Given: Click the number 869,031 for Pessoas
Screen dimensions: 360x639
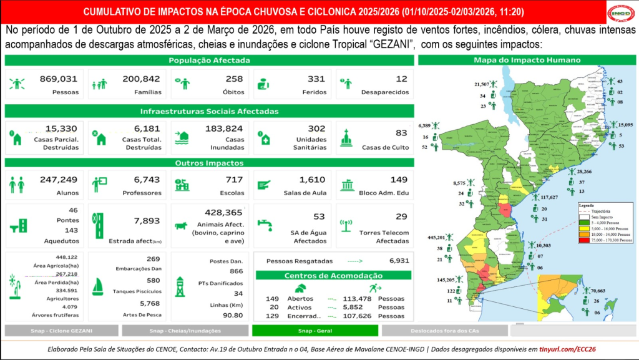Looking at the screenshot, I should point(58,79).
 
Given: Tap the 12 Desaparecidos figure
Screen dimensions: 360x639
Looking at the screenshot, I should point(401,79).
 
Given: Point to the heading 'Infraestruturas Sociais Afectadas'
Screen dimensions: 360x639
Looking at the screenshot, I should point(209,111).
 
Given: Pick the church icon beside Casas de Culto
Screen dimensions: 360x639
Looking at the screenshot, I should point(346,138).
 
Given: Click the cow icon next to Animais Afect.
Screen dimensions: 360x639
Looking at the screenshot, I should point(182,225).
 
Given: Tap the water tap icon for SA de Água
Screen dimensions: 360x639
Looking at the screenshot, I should point(265,223).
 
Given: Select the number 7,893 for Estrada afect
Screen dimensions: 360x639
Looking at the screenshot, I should point(148,221).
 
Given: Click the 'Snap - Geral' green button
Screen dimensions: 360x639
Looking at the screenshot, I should point(315,331).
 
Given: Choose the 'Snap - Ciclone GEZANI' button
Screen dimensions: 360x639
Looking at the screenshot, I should point(61,331).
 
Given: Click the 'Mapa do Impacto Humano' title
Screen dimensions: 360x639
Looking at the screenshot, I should point(527,60).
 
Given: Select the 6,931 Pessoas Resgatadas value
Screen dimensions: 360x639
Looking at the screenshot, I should point(398,261).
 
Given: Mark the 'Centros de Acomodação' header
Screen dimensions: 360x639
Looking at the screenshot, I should point(334,276).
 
